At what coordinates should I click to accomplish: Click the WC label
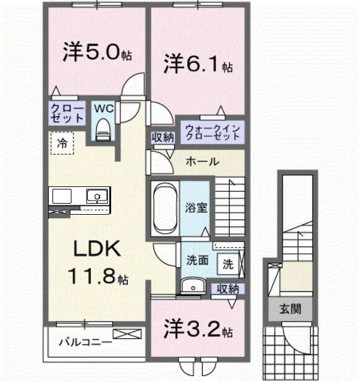click(x=103, y=108)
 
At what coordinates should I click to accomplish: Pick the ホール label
click(x=202, y=162)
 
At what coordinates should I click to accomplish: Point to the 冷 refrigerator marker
click(x=62, y=143)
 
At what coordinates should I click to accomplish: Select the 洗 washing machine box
click(x=228, y=264)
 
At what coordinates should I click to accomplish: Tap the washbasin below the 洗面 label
click(x=193, y=286)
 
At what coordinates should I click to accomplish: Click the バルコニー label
click(x=85, y=341)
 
